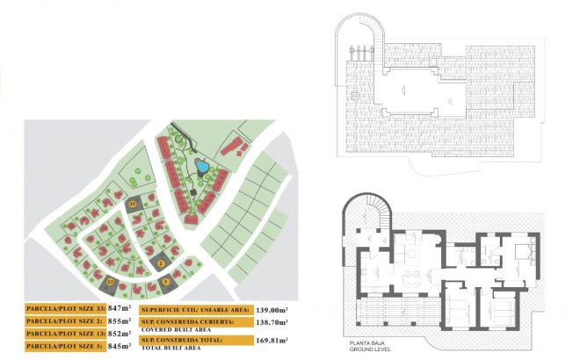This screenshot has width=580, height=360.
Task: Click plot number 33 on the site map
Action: (x=133, y=204)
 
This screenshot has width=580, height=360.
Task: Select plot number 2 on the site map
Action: (x=162, y=263)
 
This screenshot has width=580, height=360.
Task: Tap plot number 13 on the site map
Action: (x=111, y=283)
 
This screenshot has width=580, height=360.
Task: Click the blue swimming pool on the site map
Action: (x=201, y=165)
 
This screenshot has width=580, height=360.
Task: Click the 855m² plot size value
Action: (x=118, y=321)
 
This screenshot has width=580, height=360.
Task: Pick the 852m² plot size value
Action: (x=118, y=334)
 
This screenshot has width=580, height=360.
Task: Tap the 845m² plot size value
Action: (x=118, y=346)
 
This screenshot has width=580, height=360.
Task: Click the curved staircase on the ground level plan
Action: (x=369, y=216)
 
